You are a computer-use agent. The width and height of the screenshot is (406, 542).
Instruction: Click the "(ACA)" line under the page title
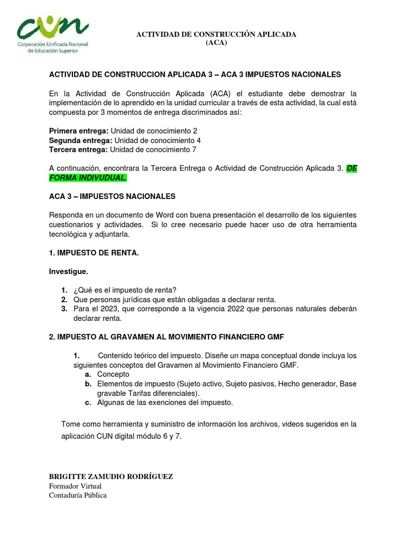point(216,43)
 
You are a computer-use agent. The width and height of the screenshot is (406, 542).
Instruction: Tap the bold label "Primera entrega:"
point(79,131)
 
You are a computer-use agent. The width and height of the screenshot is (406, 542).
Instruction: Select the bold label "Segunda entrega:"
point(80,140)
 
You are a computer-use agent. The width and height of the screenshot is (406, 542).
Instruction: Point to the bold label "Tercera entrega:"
point(78,150)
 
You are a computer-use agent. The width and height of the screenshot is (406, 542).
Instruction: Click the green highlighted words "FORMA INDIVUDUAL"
point(88,178)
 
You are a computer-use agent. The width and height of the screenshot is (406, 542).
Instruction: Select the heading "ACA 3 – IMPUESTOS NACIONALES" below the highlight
point(112,196)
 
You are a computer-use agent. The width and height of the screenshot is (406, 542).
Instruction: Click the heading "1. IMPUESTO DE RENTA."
point(94,253)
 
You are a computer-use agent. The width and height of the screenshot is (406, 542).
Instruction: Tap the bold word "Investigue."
point(69,272)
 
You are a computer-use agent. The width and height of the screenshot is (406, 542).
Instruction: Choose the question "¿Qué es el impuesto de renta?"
point(124,290)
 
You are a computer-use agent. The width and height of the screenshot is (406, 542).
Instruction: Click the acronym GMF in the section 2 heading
point(275,337)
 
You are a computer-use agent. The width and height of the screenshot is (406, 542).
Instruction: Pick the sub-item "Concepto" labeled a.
point(113,374)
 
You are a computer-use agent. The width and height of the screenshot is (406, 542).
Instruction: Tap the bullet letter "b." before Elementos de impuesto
point(89,384)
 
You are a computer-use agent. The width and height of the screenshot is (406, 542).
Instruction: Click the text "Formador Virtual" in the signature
point(75,486)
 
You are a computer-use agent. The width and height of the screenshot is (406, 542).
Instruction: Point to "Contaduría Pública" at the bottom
point(78,495)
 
